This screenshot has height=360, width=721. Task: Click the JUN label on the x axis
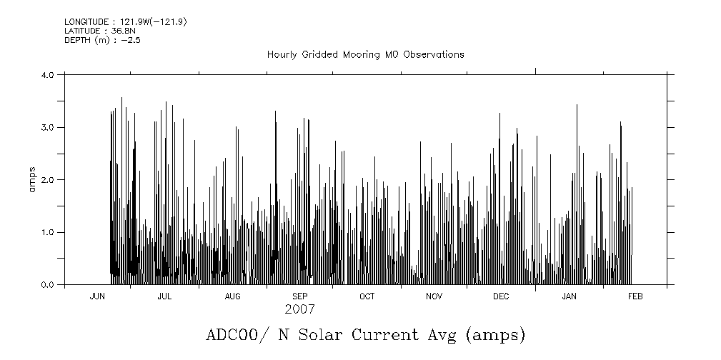coord(97,296)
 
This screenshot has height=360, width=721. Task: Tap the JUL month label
coord(164,296)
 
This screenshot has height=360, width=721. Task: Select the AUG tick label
coord(232,296)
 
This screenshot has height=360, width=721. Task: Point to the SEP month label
coord(299,296)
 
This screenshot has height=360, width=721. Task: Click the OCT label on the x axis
coord(367,296)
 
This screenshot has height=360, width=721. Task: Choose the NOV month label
coord(434,296)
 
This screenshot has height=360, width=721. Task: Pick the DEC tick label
coord(501,296)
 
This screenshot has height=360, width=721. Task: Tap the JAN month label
coord(569,296)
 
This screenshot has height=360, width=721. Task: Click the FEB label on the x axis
coord(635,296)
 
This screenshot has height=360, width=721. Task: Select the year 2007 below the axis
coord(299,310)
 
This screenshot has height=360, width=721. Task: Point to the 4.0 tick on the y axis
coord(48,74)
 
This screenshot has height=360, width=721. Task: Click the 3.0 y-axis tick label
coord(48,127)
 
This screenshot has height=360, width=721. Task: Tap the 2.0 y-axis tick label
coord(48,180)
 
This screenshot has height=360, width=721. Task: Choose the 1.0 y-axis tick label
coord(48,233)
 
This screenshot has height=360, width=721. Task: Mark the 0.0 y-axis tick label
coord(48,285)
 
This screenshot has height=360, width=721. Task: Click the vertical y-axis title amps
coord(32,179)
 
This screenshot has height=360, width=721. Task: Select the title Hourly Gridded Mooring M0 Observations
coord(365,54)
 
